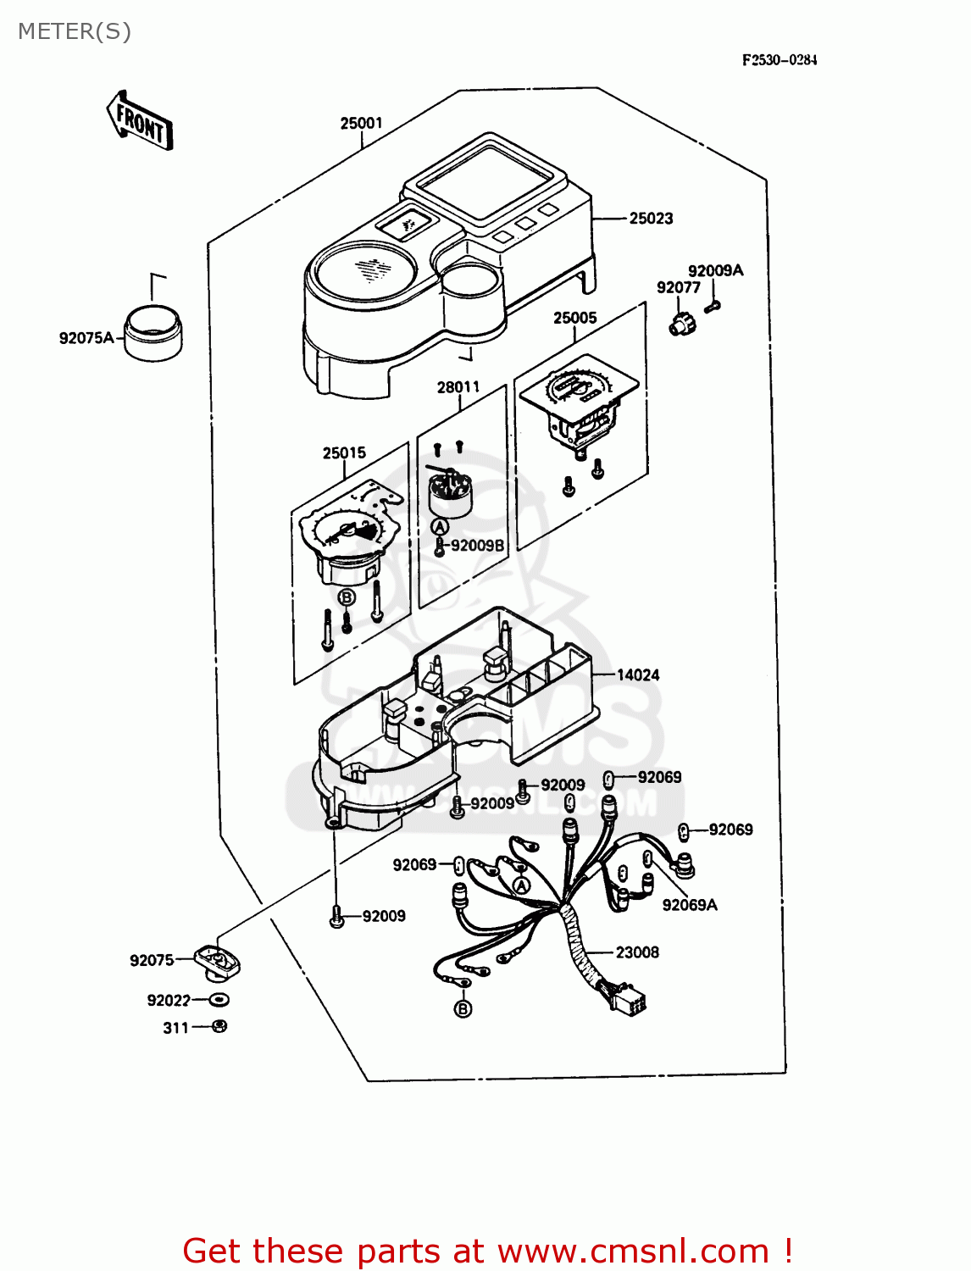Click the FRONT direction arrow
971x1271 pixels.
(140, 122)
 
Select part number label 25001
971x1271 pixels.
(361, 124)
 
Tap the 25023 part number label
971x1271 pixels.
(651, 219)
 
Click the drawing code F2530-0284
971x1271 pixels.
(780, 60)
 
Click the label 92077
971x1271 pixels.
(678, 288)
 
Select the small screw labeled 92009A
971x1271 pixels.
(713, 306)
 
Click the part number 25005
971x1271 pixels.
(574, 319)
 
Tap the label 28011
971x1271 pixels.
(458, 387)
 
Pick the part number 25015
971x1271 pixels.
(344, 453)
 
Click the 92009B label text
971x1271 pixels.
(477, 546)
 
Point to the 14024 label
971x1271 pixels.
(637, 675)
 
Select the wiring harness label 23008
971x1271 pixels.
(636, 952)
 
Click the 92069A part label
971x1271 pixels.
(689, 905)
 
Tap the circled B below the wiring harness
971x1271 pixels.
(463, 1009)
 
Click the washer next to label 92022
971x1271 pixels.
(219, 1000)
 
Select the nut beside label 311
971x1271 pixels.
(219, 1027)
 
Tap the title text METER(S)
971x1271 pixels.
(75, 31)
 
